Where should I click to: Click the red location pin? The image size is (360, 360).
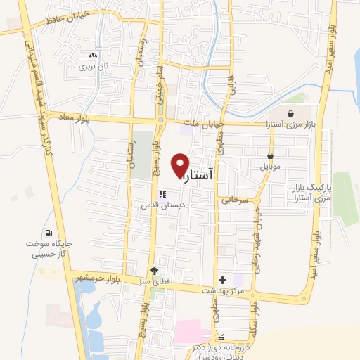[x=180, y=165]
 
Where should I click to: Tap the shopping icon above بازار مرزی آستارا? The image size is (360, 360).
[x=292, y=112]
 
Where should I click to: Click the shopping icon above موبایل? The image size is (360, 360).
[x=270, y=156]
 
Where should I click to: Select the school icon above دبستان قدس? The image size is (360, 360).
[x=161, y=194]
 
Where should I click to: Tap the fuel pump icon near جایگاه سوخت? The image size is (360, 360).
[x=48, y=233]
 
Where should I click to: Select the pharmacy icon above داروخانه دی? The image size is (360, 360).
[x=221, y=337]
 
